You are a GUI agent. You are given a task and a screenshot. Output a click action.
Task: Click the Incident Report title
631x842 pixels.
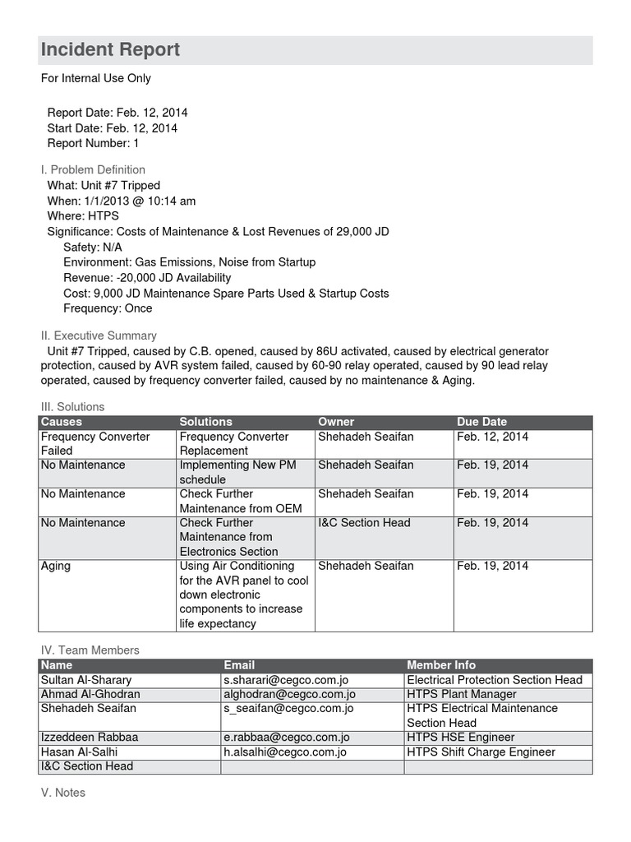click(110, 50)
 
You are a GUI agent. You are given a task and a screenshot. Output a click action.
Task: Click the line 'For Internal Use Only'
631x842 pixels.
click(96, 78)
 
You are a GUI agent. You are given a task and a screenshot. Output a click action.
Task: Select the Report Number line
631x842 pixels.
click(93, 143)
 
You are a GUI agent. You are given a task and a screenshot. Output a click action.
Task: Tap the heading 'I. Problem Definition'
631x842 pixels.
click(93, 169)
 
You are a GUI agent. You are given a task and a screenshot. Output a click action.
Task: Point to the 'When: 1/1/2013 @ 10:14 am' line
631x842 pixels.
click(121, 201)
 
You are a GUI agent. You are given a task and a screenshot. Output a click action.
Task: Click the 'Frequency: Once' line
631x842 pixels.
click(108, 308)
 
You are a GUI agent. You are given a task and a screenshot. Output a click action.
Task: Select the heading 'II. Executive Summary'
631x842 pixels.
click(99, 335)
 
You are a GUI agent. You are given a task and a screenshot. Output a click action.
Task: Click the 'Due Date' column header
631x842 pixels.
click(481, 422)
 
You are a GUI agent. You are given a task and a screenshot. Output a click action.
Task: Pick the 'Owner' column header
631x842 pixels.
click(336, 422)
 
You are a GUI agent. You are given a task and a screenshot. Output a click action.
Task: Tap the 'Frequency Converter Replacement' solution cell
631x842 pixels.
click(234, 443)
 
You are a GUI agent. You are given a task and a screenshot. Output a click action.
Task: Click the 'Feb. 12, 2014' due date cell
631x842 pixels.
click(493, 437)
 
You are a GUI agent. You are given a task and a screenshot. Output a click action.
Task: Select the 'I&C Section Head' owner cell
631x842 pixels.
click(364, 523)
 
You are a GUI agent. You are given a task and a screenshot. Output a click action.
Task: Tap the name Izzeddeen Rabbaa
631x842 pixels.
click(89, 738)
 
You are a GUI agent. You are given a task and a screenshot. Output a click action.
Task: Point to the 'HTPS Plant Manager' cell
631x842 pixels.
click(462, 694)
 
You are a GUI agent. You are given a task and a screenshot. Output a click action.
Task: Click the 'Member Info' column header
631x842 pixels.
click(441, 665)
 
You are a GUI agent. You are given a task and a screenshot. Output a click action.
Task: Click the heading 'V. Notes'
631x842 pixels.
click(63, 793)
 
